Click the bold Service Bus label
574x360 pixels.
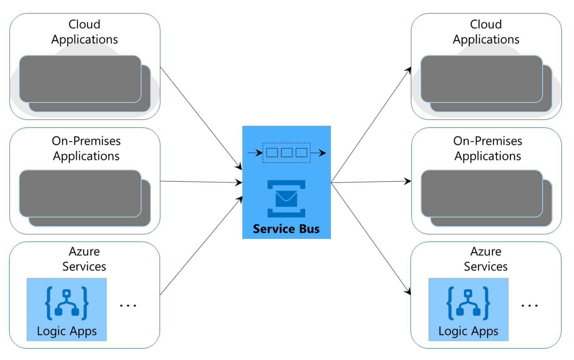(x=286, y=229)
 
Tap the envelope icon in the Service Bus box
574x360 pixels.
(x=286, y=199)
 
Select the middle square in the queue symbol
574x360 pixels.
(x=286, y=153)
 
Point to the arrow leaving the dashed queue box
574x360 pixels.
(x=318, y=153)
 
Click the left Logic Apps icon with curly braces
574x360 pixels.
(x=67, y=303)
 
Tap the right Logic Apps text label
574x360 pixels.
(x=468, y=331)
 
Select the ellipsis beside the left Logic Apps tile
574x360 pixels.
(x=128, y=305)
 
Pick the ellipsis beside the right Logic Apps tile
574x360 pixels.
(x=529, y=305)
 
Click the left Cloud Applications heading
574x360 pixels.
(x=85, y=32)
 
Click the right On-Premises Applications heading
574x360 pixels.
(x=487, y=148)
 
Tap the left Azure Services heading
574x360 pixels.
(x=84, y=259)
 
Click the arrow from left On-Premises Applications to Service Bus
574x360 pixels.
(x=201, y=182)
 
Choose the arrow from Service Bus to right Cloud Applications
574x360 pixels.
(x=371, y=125)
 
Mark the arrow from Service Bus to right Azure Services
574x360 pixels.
(x=371, y=239)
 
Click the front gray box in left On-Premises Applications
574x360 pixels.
(x=80, y=193)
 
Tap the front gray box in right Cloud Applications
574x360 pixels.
(x=482, y=79)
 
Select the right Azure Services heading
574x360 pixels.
(x=485, y=259)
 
